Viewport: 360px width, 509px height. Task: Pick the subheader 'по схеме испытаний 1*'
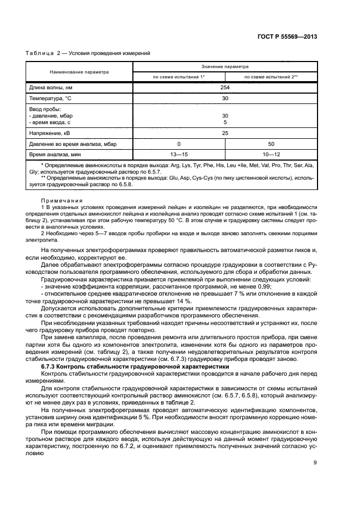click(179, 77)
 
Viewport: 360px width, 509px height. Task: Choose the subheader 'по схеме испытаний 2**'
click(271, 77)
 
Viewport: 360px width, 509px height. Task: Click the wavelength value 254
click(224, 87)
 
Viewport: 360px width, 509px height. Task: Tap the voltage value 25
click(224, 132)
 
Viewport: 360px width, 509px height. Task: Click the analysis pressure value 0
click(179, 144)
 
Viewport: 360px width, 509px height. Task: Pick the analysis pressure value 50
click(271, 144)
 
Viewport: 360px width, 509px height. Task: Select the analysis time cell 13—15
click(179, 155)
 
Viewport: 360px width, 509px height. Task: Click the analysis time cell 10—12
click(271, 155)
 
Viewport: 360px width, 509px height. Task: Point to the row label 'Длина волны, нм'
click(51, 87)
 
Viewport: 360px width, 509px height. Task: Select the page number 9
click(315, 463)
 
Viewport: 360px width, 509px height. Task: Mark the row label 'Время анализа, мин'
click(54, 155)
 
